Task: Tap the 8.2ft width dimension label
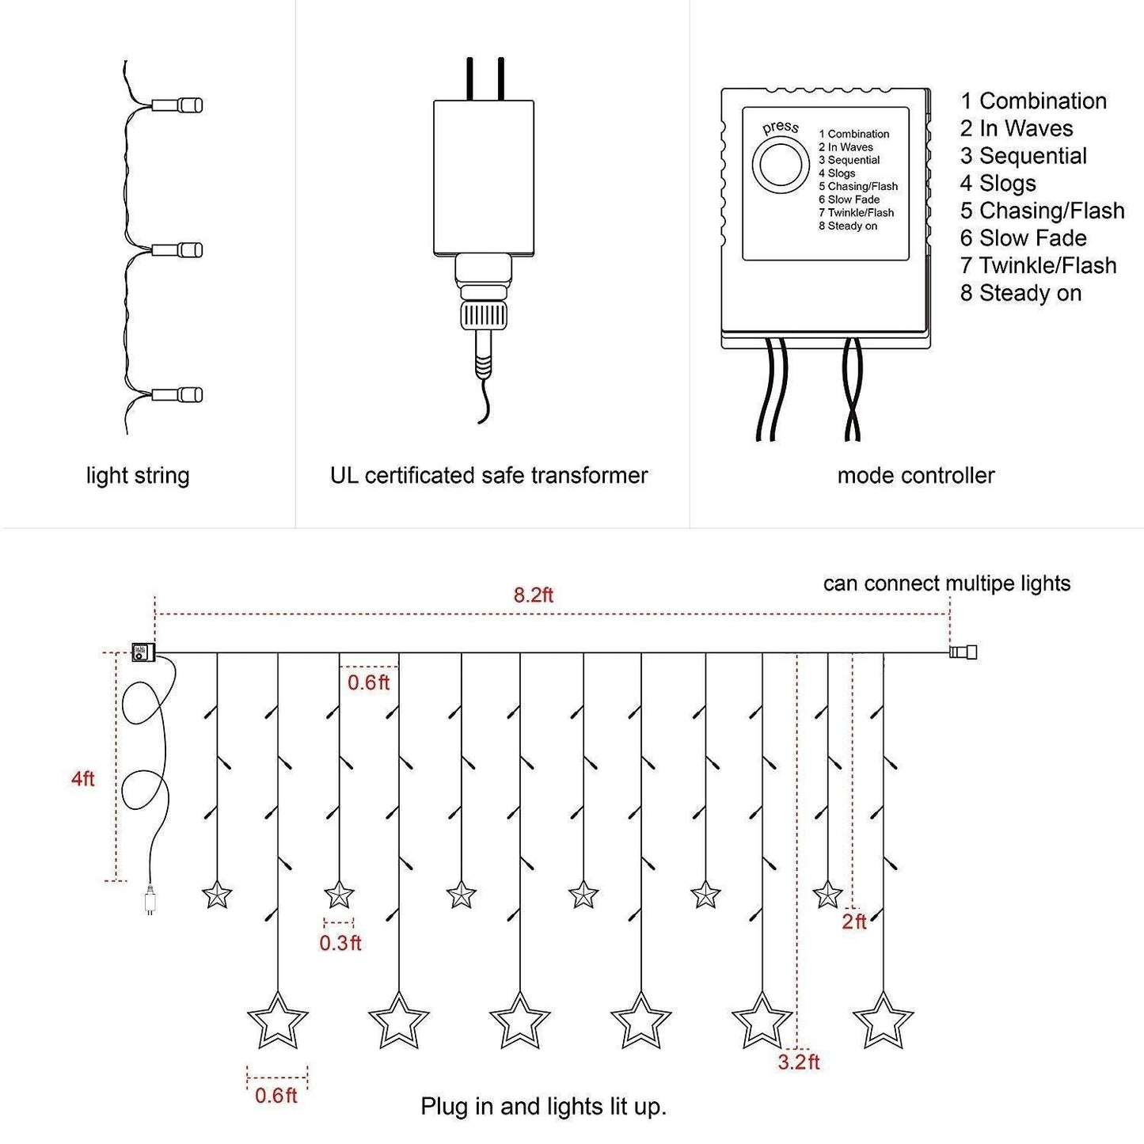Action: click(x=533, y=595)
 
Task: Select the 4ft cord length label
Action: click(x=82, y=778)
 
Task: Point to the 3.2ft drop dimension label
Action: click(x=798, y=1062)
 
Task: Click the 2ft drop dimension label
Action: click(x=854, y=921)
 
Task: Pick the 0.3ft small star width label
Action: click(x=340, y=942)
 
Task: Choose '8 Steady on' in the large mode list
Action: click(x=1020, y=293)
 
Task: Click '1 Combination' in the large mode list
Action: click(x=1033, y=101)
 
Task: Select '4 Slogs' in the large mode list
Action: click(x=998, y=183)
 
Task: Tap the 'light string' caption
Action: click(x=138, y=475)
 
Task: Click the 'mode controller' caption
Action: click(x=915, y=475)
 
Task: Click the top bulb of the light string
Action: click(x=178, y=105)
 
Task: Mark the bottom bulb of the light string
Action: click(x=178, y=395)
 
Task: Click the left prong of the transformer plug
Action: click(x=470, y=78)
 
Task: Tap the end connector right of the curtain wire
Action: click(x=963, y=652)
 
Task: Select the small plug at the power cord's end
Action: click(x=150, y=901)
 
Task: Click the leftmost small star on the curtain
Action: click(x=217, y=895)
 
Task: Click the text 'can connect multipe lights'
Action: click(x=946, y=583)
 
